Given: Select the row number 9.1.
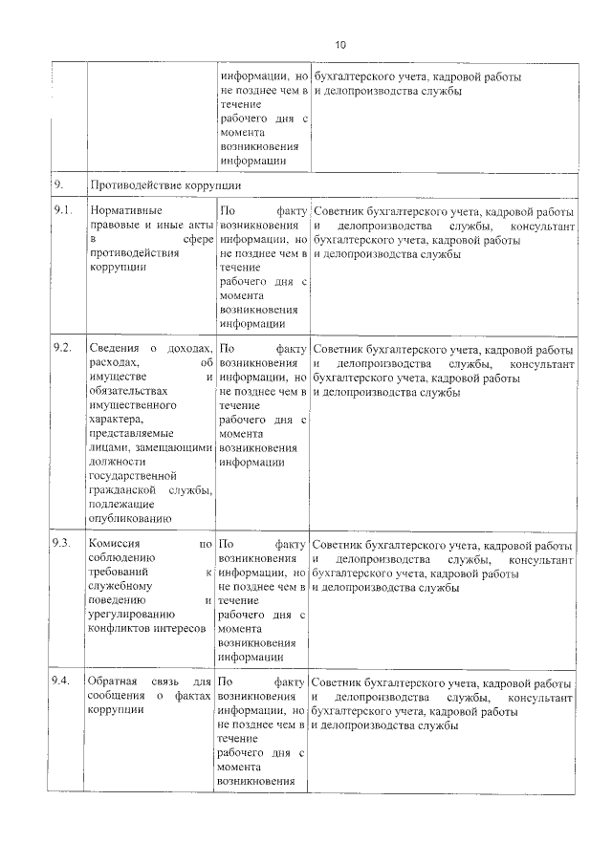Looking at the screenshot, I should [x=62, y=210].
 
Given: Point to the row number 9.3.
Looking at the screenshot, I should [x=62, y=543].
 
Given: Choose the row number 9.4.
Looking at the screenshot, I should [x=62, y=682].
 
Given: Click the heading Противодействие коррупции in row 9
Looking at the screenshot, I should [x=164, y=184].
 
